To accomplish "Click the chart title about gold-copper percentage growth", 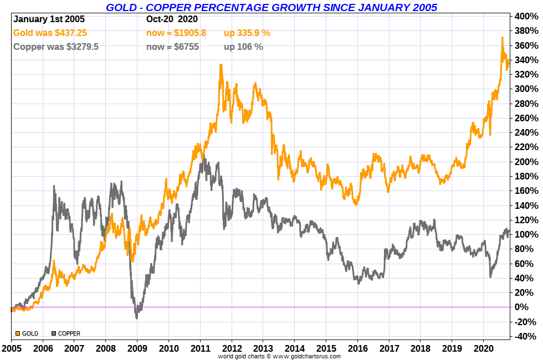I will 271,7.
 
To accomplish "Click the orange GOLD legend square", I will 18,333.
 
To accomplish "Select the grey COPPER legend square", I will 54,333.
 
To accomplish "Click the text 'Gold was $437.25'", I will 50,33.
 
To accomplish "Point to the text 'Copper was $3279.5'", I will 56,47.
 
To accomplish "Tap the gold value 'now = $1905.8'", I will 176,33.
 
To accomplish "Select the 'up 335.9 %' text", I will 247,33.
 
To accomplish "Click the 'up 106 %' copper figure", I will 243,47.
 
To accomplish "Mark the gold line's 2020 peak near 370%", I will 502,38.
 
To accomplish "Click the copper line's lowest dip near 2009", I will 137,318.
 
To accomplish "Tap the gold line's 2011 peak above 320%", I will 221,65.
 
